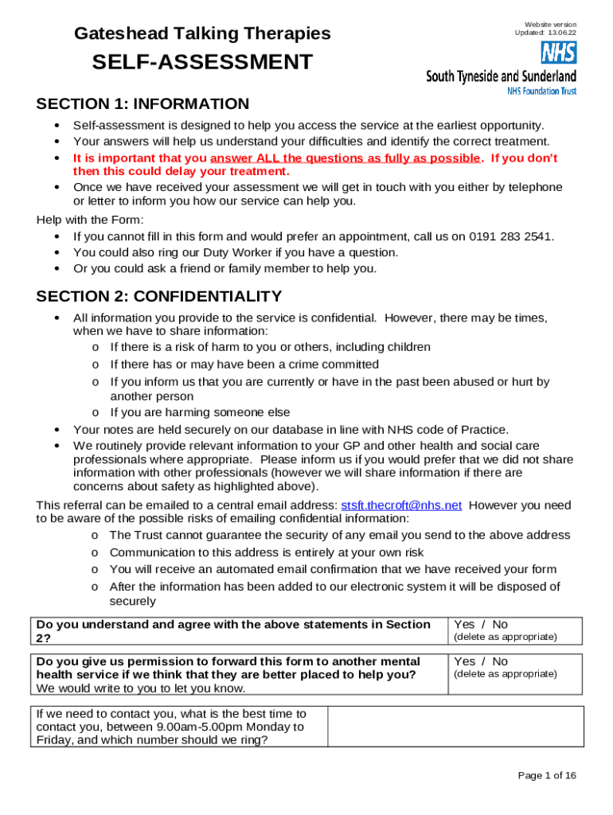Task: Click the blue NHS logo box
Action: (x=559, y=53)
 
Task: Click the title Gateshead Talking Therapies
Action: (x=202, y=33)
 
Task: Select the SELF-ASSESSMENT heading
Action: (x=202, y=62)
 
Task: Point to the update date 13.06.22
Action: (x=560, y=33)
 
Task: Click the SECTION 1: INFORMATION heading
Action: (x=143, y=104)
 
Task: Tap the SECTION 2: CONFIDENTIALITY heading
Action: (x=159, y=297)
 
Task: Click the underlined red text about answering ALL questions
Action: (x=345, y=158)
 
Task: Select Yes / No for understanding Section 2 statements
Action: (x=481, y=625)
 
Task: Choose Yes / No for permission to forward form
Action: (x=481, y=661)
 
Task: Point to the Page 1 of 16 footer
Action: (x=547, y=775)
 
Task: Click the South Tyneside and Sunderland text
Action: (x=502, y=76)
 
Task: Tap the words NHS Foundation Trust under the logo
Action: (x=541, y=91)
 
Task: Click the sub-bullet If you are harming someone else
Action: (x=200, y=412)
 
